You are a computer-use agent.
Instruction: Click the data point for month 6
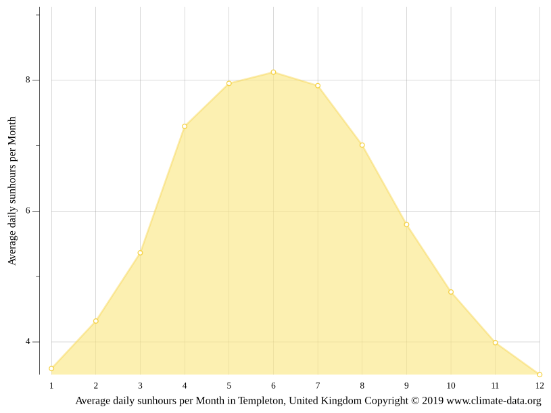point(273,72)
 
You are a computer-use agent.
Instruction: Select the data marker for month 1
point(51,368)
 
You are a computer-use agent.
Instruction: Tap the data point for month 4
point(185,126)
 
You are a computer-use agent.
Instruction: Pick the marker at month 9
point(406,224)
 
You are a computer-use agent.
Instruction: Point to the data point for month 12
point(540,374)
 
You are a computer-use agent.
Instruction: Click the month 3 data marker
point(140,253)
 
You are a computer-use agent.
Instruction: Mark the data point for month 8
point(362,145)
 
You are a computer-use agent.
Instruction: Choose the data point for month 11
point(495,343)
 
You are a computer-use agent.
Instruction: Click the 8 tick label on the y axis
point(28,80)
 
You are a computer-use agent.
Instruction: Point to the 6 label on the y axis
point(28,211)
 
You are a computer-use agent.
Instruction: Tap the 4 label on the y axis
point(28,341)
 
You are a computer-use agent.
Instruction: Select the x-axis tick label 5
point(229,386)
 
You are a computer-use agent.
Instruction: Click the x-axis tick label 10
point(451,386)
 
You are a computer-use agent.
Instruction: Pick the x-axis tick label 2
point(96,386)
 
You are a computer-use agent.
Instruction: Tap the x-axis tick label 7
point(318,386)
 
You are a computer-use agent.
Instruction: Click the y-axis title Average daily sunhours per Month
point(12,191)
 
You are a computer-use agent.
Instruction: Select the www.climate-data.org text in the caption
point(494,401)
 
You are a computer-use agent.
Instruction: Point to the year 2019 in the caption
point(433,401)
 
